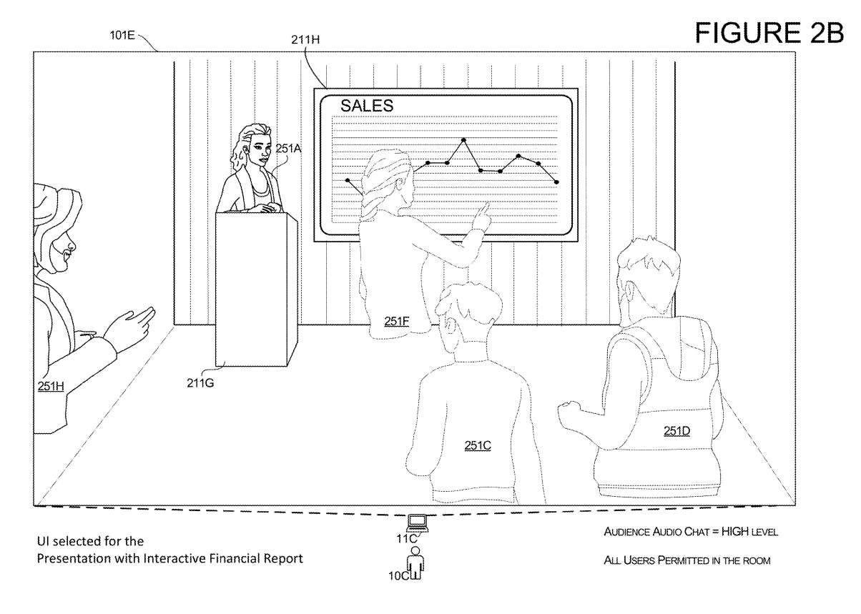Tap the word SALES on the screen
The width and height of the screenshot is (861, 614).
click(366, 106)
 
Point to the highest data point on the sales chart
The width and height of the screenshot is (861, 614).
click(464, 140)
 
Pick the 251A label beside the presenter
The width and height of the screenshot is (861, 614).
click(289, 149)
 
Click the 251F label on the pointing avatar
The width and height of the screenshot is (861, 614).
click(396, 321)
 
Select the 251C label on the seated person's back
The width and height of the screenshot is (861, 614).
click(478, 445)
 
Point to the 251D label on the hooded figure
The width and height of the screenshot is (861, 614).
click(676, 430)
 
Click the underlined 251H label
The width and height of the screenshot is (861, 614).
click(51, 386)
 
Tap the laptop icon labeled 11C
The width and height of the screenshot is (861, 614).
click(416, 523)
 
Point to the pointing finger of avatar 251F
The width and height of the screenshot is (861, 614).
click(486, 205)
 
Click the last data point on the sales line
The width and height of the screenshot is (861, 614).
click(556, 182)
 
